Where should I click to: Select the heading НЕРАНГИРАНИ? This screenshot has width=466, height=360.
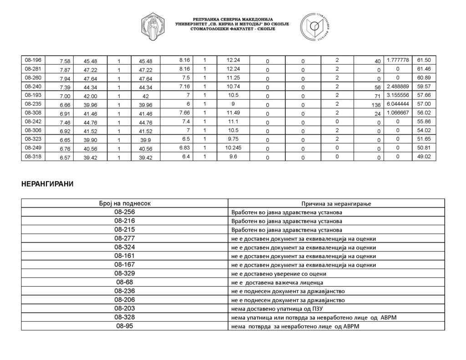click(x=47, y=184)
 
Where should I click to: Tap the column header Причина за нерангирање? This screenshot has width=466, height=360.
click(x=336, y=203)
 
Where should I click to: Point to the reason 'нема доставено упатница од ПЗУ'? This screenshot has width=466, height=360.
click(x=278, y=309)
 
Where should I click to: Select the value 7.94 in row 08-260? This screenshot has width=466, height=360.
click(x=63, y=78)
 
